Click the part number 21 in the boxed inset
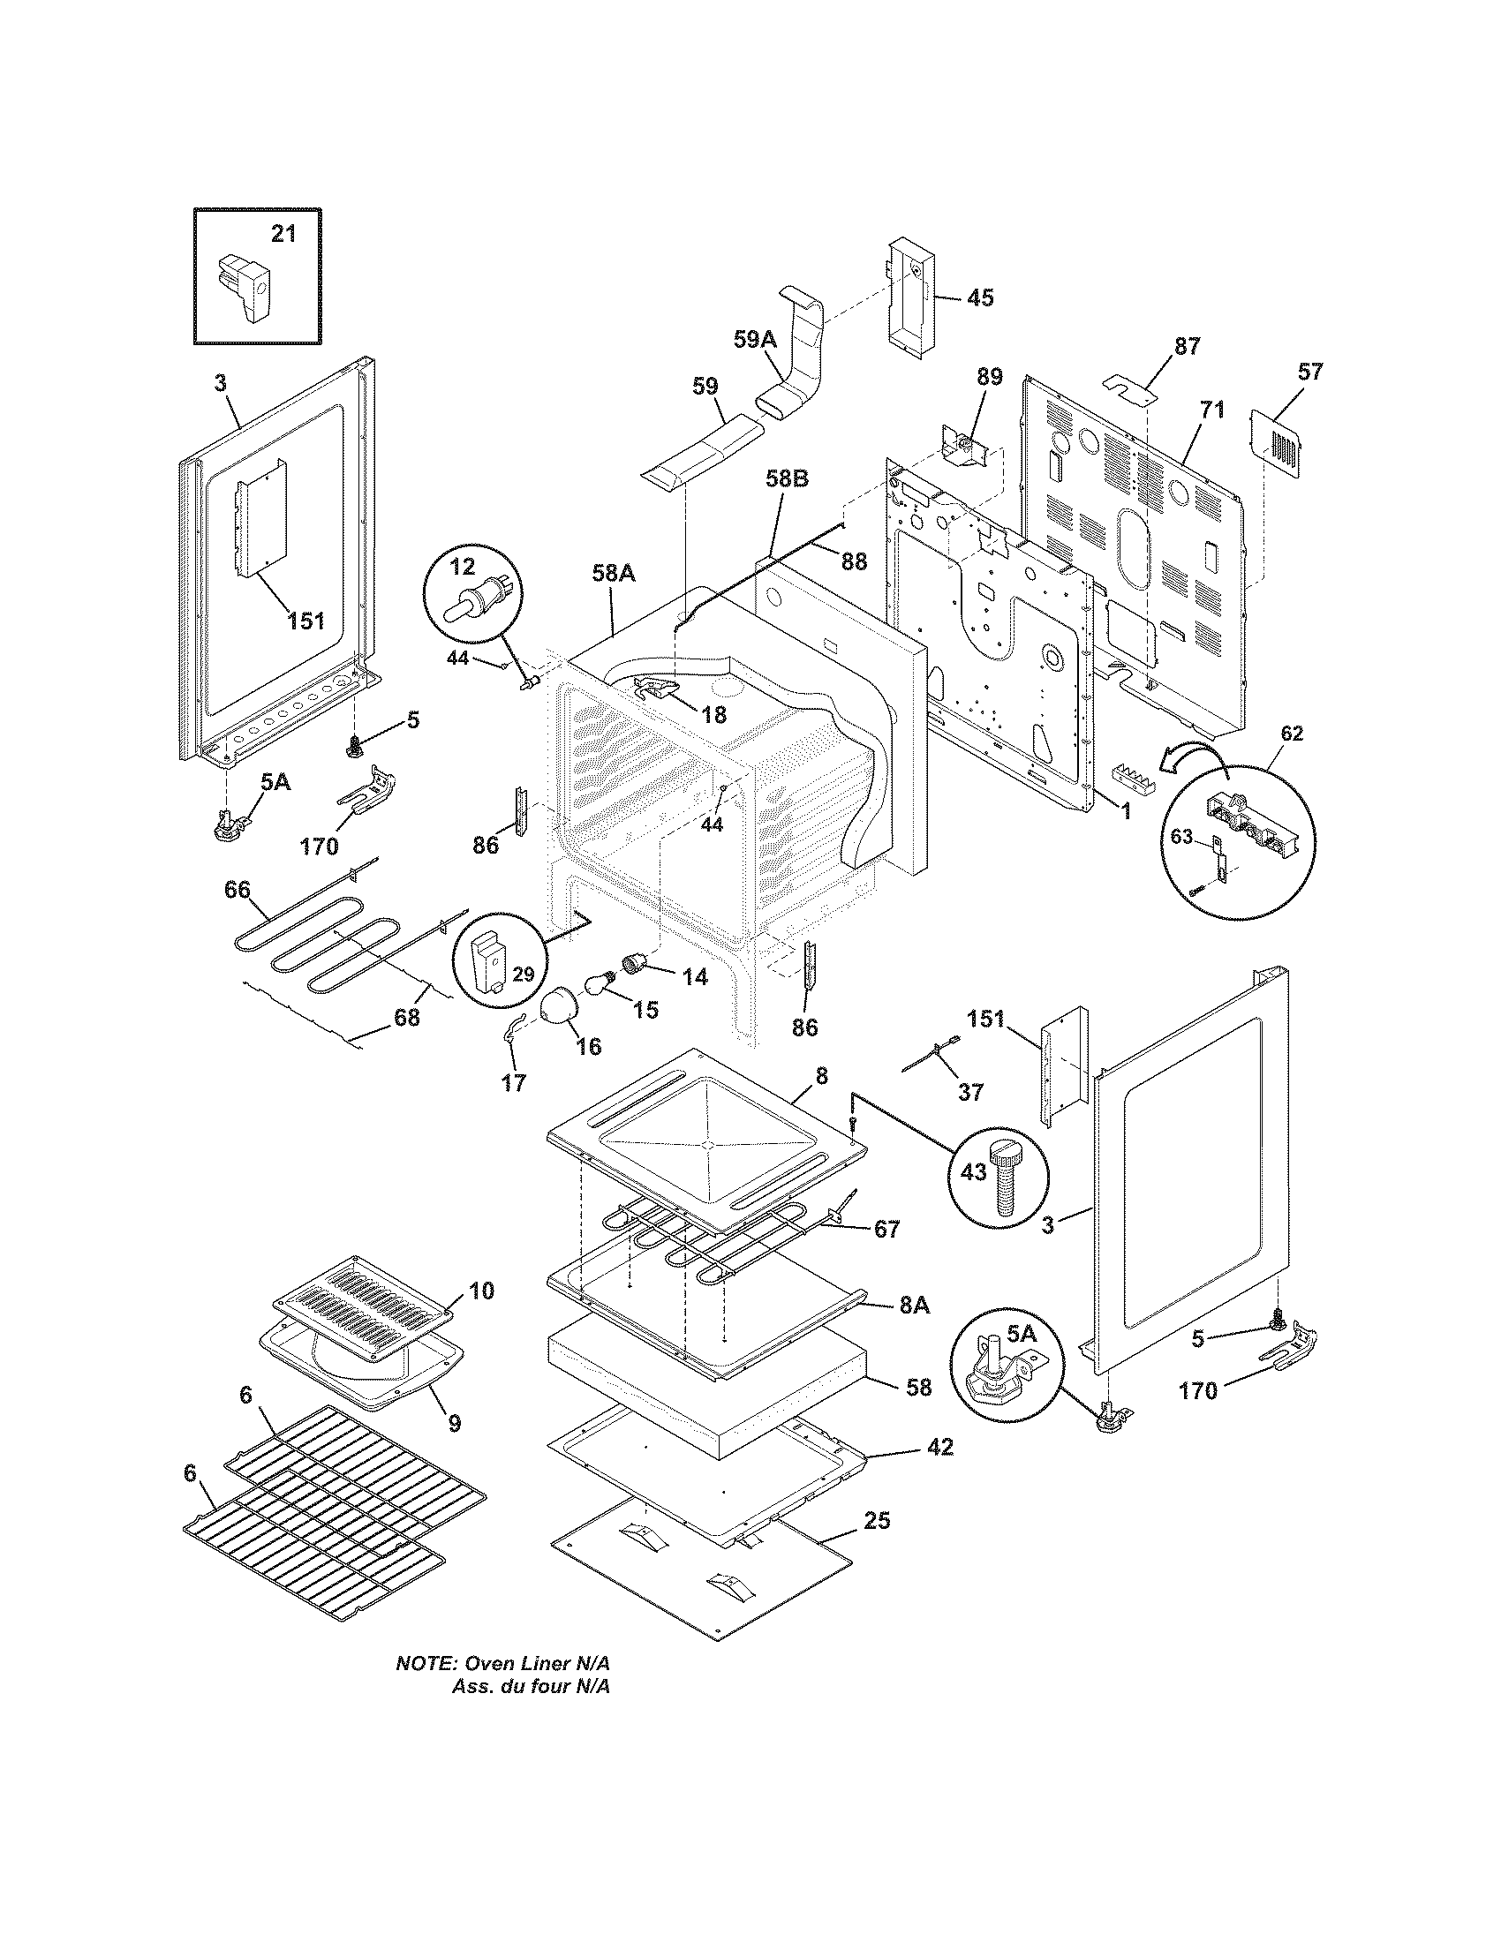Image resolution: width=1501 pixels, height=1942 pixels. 283,234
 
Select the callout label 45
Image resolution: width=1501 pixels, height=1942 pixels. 979,297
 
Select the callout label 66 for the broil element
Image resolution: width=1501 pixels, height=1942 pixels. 237,889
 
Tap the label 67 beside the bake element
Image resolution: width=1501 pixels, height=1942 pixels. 886,1229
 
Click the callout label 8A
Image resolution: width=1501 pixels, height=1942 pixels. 914,1305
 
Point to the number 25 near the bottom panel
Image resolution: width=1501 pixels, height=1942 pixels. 876,1520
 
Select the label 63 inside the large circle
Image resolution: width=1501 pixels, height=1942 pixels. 1180,836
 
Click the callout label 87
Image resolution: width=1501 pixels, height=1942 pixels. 1187,346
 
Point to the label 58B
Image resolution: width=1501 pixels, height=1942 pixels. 787,478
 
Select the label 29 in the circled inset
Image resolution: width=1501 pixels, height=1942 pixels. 523,974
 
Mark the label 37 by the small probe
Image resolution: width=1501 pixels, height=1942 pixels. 970,1091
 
